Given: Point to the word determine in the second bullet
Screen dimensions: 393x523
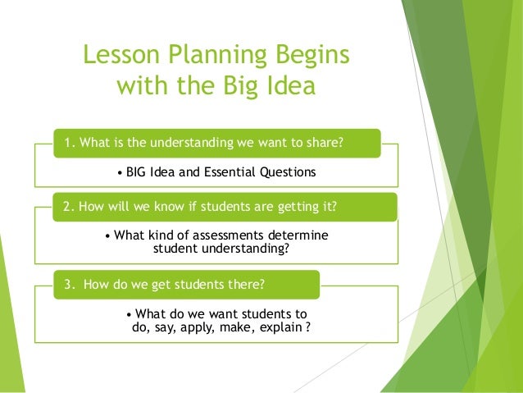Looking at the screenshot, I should (293, 235).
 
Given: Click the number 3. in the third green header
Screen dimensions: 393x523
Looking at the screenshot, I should (70, 284).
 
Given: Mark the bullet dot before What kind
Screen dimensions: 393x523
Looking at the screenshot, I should (108, 235).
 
